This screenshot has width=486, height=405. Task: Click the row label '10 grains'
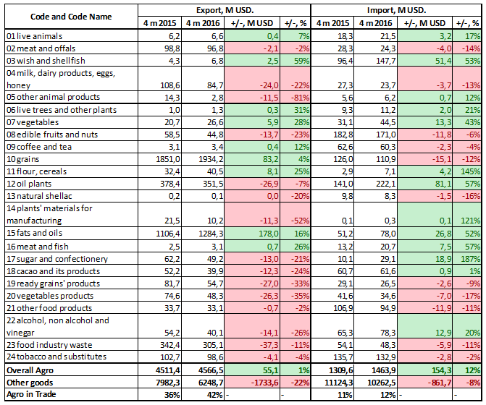pos(22,158)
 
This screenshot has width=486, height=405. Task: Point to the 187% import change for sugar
pos(472,259)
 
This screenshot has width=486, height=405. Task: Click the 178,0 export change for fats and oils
pos(261,234)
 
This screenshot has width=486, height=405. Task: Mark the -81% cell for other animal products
pos(300,96)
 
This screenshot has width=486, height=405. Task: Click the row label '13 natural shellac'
pos(38,196)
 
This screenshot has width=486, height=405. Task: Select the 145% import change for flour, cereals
pos(470,171)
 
